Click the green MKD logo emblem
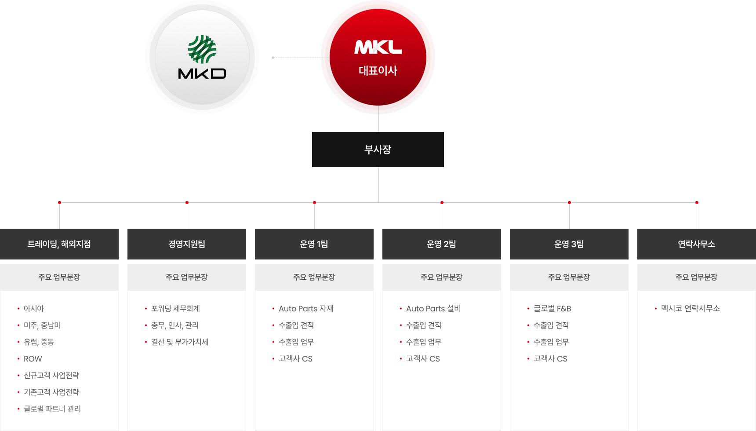tap(202, 49)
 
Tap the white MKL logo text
tap(378, 47)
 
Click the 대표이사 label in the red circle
tap(378, 70)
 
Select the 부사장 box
tap(378, 150)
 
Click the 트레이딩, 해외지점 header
tap(59, 244)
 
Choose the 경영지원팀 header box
tap(187, 244)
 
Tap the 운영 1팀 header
tap(314, 244)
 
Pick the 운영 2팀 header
tap(442, 244)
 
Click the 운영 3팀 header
tap(569, 244)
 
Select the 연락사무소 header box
tap(697, 244)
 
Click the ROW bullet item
tap(33, 359)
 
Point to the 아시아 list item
tap(34, 309)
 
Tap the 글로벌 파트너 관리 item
tap(52, 409)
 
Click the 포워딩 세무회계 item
tap(175, 309)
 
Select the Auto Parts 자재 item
tap(306, 309)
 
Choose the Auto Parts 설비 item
tap(433, 309)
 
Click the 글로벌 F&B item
tap(552, 309)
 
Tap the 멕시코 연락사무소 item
tap(690, 309)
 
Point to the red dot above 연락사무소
tap(697, 203)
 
